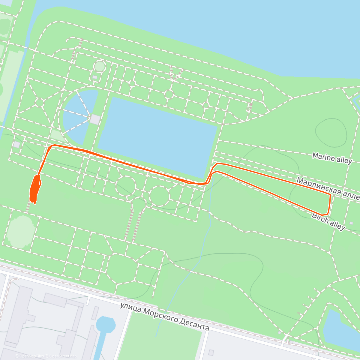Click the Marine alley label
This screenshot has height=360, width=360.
pyautogui.click(x=332, y=158)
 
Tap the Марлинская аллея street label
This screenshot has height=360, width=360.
pyautogui.click(x=328, y=188)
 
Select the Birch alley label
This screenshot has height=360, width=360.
pyautogui.click(x=328, y=221)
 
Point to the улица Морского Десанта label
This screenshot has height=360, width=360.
pyautogui.click(x=164, y=316)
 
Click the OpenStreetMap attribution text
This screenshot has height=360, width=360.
pyautogui.click(x=63, y=356)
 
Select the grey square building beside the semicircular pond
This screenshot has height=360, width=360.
pyautogui.click(x=95, y=119)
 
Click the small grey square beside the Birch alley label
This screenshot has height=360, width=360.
pyautogui.click(x=351, y=223)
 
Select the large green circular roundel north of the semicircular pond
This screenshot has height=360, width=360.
pyautogui.click(x=99, y=66)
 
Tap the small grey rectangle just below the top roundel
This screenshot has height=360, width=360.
pyautogui.click(x=95, y=77)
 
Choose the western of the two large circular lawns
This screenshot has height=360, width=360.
pyautogui.click(x=126, y=186)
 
